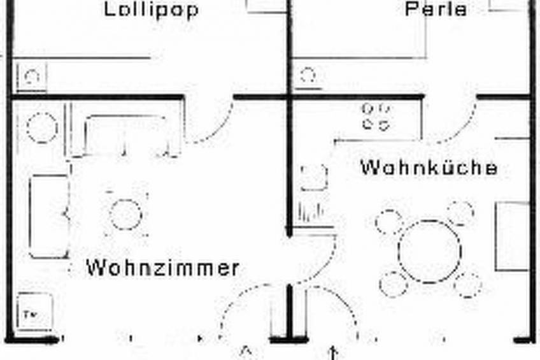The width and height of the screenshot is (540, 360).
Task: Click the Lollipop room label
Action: click(152, 10)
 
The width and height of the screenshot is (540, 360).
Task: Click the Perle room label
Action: click(436, 10)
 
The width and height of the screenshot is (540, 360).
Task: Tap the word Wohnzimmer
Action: click(162, 268)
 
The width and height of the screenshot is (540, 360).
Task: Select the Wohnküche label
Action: click(429, 168)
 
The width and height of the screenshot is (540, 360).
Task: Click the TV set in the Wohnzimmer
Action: click(32, 312)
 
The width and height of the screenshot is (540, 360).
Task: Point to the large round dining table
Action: click(429, 251)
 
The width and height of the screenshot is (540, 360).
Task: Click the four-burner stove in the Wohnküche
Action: click(376, 117)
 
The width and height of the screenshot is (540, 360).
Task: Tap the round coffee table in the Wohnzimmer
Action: click(125, 214)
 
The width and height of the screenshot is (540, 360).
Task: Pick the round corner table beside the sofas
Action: click(42, 127)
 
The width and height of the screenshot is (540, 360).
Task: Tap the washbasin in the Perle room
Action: click(308, 76)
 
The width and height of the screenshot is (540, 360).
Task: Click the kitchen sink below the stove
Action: click(313, 178)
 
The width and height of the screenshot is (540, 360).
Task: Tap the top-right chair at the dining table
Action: click(460, 213)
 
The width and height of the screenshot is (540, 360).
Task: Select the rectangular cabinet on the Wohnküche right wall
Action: click(513, 236)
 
